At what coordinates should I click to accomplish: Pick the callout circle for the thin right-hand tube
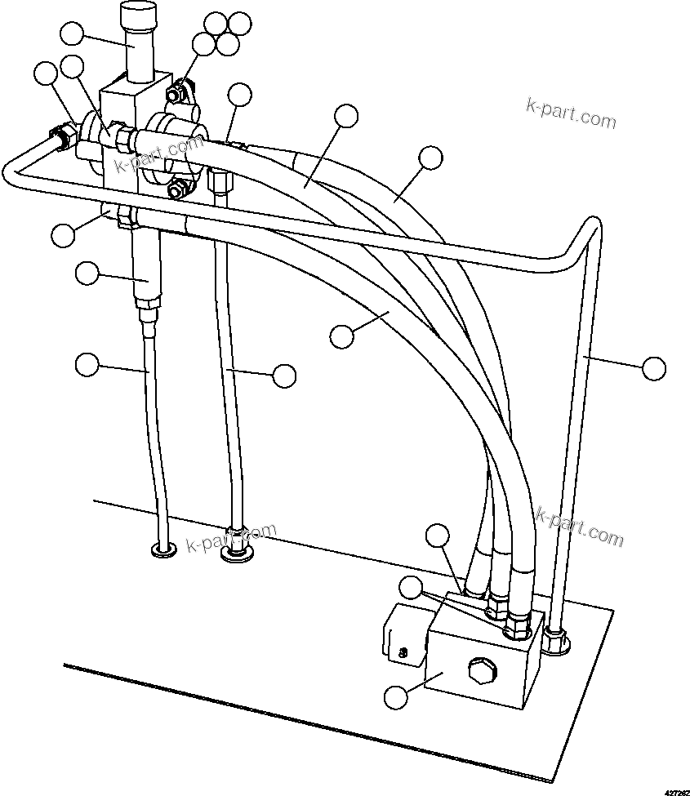pyautogui.click(x=653, y=368)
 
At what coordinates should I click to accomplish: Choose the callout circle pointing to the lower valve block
pyautogui.click(x=395, y=697)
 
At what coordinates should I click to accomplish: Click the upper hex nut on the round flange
pyautogui.click(x=174, y=96)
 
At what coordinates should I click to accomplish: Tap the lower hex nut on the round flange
pyautogui.click(x=174, y=189)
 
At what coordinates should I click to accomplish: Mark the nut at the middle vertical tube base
pyautogui.click(x=236, y=553)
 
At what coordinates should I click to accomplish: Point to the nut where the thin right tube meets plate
pyautogui.click(x=557, y=642)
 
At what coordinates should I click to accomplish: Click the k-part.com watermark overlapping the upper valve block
pyautogui.click(x=158, y=153)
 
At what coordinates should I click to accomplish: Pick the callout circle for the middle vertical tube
pyautogui.click(x=283, y=376)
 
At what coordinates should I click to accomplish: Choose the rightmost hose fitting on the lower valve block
pyautogui.click(x=516, y=628)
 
